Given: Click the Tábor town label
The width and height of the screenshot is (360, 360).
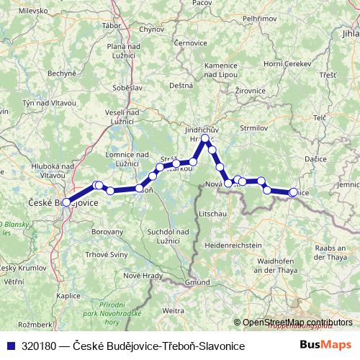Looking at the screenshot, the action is pos(112,25).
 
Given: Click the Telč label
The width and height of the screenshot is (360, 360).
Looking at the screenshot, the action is pos(320,117).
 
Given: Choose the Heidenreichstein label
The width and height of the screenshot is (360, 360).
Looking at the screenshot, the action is pos(233,246).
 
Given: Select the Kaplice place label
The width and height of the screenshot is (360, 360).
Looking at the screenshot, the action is pos(68,295).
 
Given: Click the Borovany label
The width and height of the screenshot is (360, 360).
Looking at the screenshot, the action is pos(109,232).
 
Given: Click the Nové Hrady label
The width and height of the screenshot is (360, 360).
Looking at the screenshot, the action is pos(140,276).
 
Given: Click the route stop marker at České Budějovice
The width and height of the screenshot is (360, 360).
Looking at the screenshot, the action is pos(66,202).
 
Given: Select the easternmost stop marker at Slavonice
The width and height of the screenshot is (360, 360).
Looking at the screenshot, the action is pos(293,192).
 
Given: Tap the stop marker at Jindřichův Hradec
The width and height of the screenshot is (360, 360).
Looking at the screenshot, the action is pos(205,138).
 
